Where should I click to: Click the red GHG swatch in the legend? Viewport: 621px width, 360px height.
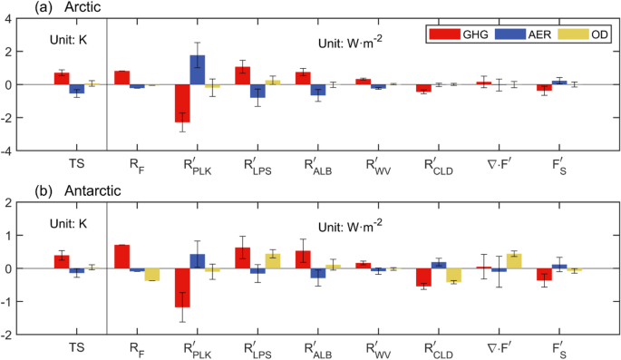(x=443, y=34)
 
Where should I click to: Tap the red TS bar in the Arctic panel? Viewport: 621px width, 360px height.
(x=62, y=78)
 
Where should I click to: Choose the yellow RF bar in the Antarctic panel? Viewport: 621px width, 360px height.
(x=151, y=275)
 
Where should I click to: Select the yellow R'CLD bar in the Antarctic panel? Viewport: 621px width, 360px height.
(x=454, y=276)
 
